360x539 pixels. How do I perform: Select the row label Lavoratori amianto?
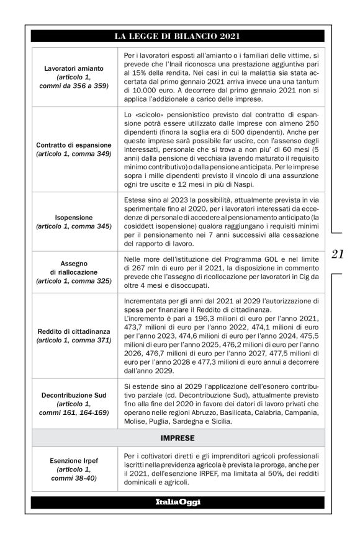(74, 68)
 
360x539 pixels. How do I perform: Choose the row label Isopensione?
(74, 218)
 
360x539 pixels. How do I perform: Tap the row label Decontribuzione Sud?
(74, 394)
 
